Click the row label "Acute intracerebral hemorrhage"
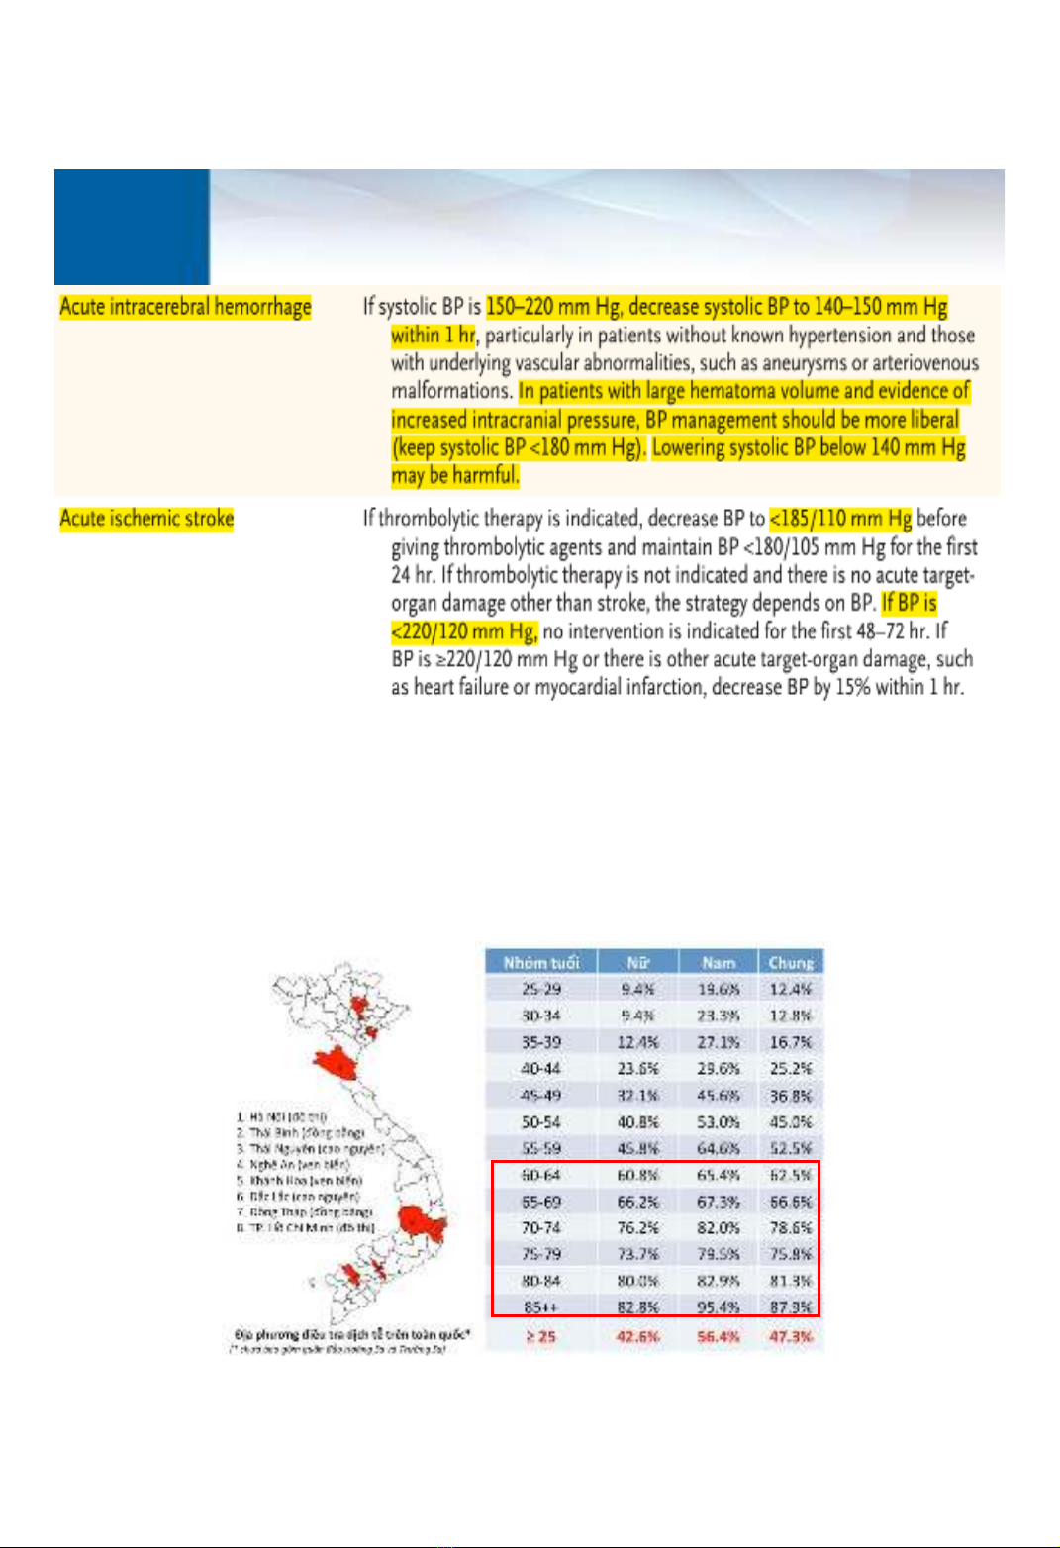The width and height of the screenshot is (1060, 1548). pos(185,307)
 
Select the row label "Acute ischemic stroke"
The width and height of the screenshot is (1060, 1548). pos(146,519)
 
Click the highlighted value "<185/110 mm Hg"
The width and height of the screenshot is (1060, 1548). pos(840,519)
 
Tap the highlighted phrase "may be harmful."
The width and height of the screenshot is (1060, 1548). pos(454,476)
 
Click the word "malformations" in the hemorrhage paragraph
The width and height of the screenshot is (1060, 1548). pos(450,391)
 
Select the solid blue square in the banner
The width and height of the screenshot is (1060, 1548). pos(132,227)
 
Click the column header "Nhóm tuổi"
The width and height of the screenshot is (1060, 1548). pos(540,962)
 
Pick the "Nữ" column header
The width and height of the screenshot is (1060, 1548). pos(637,962)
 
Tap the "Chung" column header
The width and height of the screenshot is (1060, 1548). pos(790,962)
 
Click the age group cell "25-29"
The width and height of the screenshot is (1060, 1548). pos(540,989)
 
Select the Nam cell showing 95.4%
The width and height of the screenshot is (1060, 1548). pos(718,1307)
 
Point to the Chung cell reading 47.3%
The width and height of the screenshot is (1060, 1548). pos(790,1336)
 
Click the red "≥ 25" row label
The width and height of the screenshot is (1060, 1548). pos(540,1336)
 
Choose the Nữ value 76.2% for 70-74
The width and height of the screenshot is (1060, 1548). pos(637,1228)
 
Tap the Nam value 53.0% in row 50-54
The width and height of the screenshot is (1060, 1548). pos(718,1122)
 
